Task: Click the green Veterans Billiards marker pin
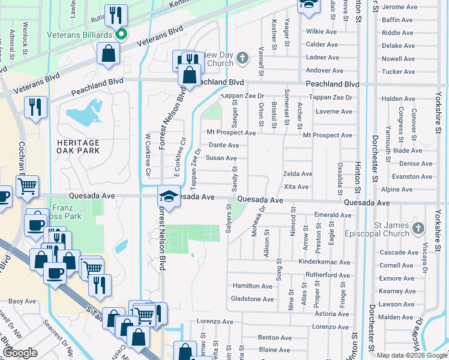[x=121, y=35]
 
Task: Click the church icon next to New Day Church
[x=242, y=58]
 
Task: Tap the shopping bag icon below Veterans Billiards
[x=109, y=54]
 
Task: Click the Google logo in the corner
[x=20, y=353]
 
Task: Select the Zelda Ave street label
[x=298, y=174]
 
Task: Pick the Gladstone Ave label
[x=253, y=299]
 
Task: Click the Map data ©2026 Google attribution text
[x=411, y=355]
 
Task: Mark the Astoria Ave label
[x=331, y=314]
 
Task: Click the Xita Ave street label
[x=296, y=187]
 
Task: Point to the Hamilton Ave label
[x=253, y=286]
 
